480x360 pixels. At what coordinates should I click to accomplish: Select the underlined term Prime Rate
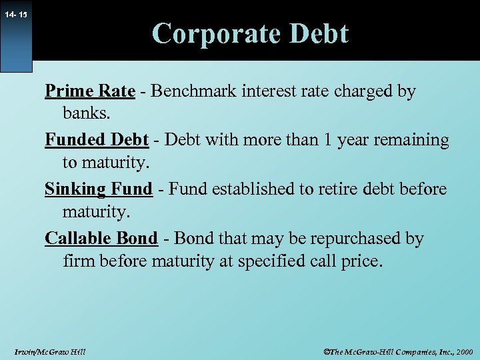point(90,91)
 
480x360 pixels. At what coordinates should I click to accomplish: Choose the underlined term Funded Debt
point(96,140)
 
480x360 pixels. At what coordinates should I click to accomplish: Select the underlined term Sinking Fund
point(99,189)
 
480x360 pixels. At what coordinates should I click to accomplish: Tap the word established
point(256,189)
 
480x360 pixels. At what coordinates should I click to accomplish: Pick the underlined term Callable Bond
point(101,238)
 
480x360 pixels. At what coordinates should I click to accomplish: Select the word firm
point(79,261)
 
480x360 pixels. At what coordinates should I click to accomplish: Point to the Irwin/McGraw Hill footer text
point(49,351)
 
